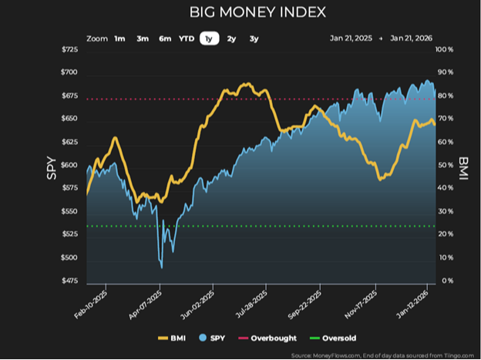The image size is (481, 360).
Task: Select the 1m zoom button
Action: (x=119, y=38)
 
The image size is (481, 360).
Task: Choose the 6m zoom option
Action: (x=165, y=38)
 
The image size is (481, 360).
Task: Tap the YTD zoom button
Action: (x=187, y=38)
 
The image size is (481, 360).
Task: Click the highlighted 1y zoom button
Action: (x=209, y=38)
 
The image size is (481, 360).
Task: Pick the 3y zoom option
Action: (x=254, y=38)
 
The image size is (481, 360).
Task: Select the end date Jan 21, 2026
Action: (x=412, y=38)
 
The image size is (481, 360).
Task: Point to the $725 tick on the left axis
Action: (x=69, y=50)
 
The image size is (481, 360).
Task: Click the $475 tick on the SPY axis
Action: (x=69, y=281)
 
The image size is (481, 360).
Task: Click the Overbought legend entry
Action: (x=274, y=338)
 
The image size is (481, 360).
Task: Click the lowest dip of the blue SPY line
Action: (x=161, y=267)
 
